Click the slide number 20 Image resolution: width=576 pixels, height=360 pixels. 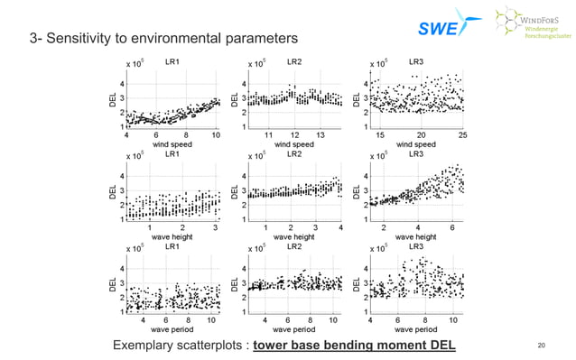[542, 346]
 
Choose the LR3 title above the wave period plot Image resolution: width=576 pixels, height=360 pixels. [416, 246]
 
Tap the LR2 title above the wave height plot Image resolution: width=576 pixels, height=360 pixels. [293, 154]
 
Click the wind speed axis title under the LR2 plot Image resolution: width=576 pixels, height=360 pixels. [294, 144]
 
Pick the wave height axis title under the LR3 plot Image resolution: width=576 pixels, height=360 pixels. [416, 237]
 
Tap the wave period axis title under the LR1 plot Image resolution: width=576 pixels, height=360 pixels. [172, 329]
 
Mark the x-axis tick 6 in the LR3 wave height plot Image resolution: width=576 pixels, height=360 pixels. [452, 227]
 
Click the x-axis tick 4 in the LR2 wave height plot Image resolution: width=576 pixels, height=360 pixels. [340, 227]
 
